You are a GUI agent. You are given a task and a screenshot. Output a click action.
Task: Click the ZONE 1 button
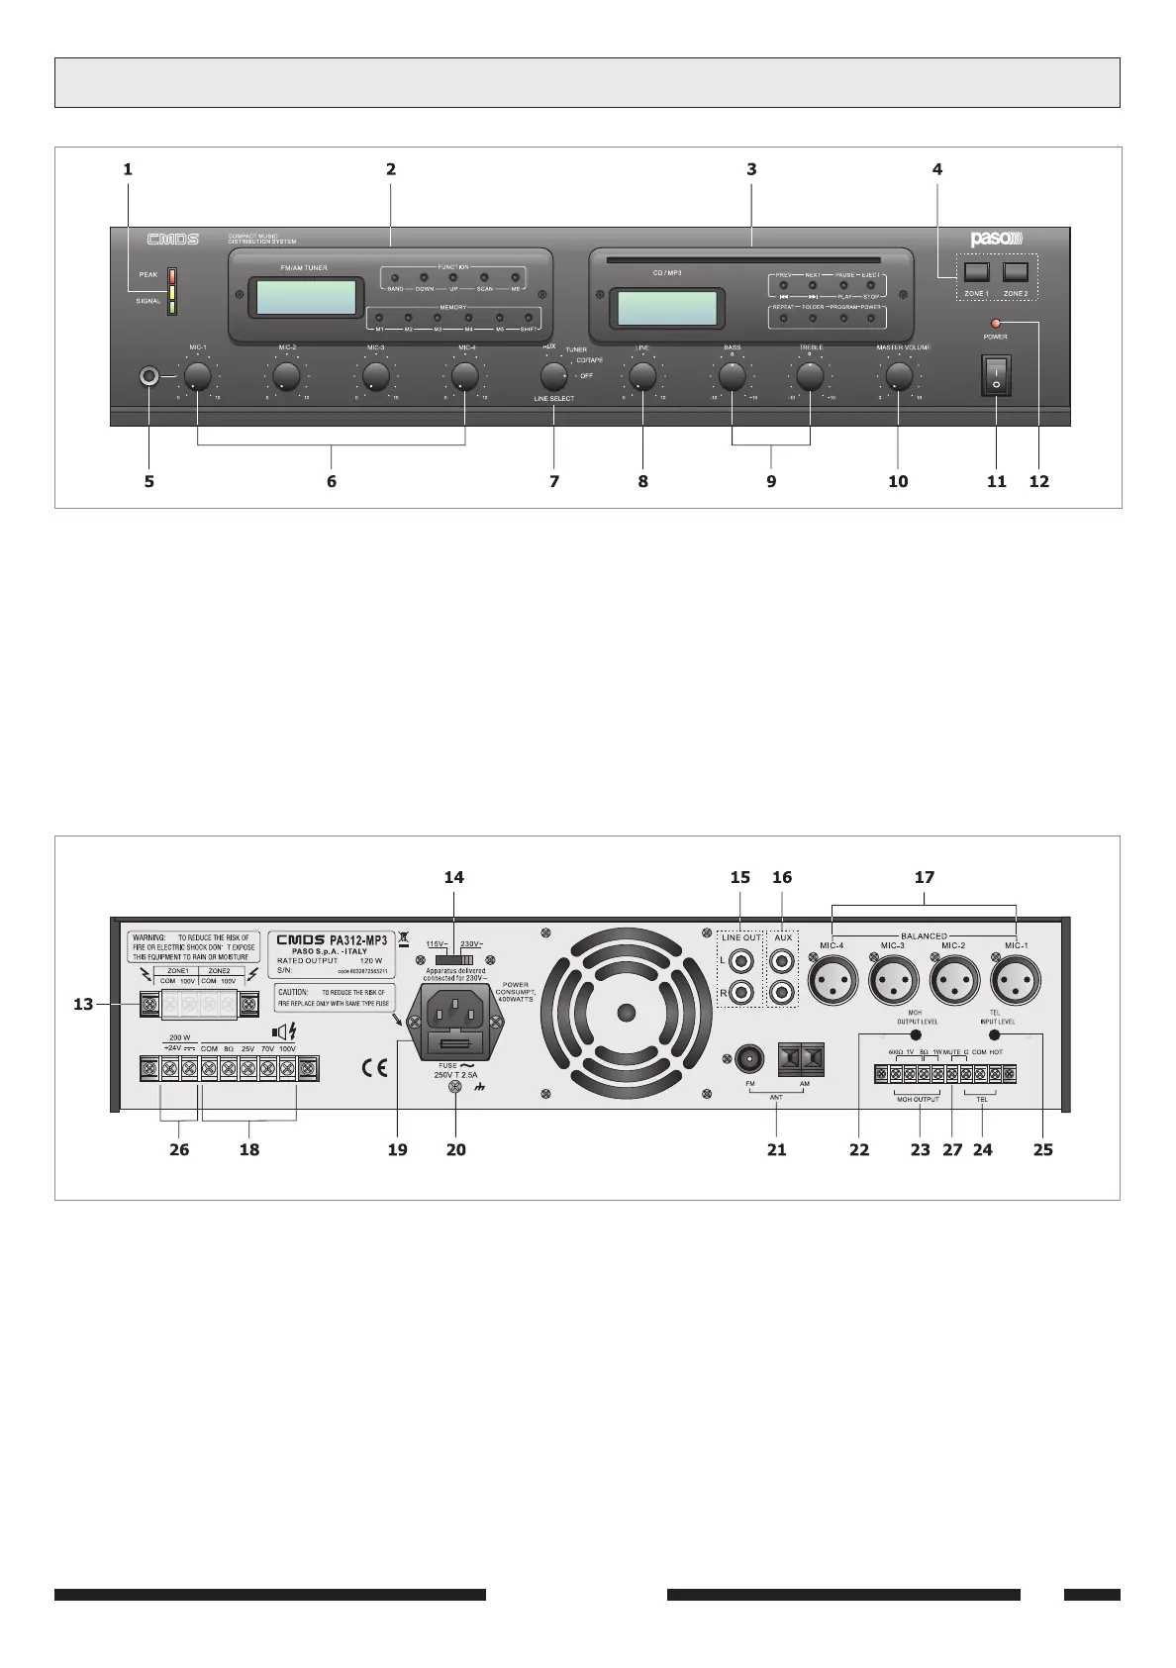point(976,271)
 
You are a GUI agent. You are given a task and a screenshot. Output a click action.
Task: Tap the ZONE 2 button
point(1015,271)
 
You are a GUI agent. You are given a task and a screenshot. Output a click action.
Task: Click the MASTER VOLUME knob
point(898,376)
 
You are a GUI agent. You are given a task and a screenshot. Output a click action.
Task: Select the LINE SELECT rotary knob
point(553,376)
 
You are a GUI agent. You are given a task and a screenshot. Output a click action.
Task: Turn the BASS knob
point(732,376)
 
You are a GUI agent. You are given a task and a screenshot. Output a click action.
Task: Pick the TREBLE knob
point(810,376)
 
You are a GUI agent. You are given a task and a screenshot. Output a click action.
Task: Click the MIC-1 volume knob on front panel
point(197,376)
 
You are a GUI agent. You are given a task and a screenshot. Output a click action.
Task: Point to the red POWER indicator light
point(995,324)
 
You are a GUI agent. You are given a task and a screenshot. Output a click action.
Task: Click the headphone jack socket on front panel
point(149,376)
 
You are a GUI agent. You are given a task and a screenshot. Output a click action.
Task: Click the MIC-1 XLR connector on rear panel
point(1016,984)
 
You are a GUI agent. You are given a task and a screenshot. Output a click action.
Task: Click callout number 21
point(777,1149)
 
